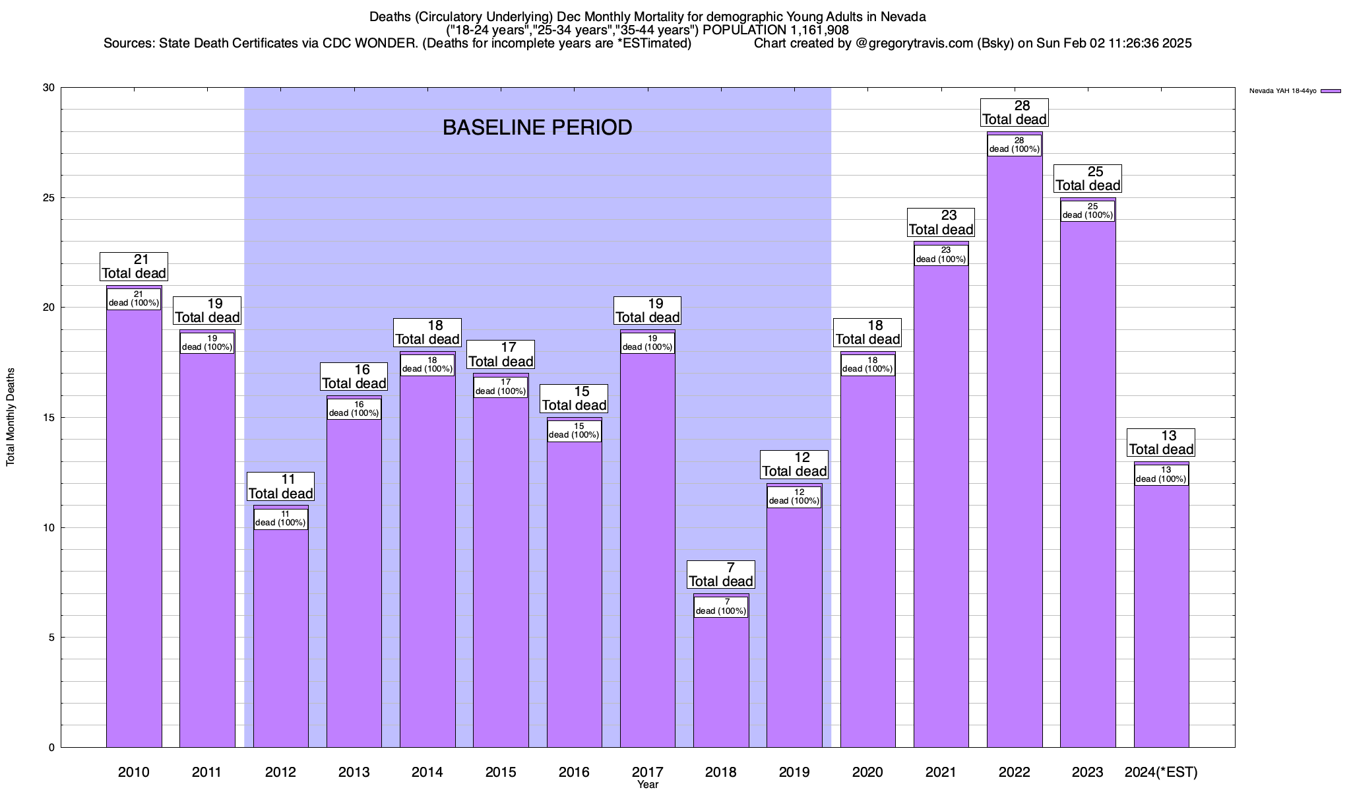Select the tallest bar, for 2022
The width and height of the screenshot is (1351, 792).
pyautogui.click(x=1015, y=462)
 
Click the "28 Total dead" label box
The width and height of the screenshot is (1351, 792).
pyautogui.click(x=1015, y=113)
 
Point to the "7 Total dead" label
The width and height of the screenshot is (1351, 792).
pyautogui.click(x=720, y=575)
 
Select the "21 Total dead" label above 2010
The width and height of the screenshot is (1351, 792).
pyautogui.click(x=133, y=267)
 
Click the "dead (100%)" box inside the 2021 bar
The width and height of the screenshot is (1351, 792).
pyautogui.click(x=941, y=255)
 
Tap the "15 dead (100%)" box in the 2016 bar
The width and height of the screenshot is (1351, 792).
pyautogui.click(x=574, y=431)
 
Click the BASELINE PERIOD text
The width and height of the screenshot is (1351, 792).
pyautogui.click(x=537, y=127)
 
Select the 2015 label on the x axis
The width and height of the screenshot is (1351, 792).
pyautogui.click(x=501, y=772)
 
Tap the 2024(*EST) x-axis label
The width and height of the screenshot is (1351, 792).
pyautogui.click(x=1161, y=772)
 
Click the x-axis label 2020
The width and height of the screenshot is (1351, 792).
pyautogui.click(x=867, y=772)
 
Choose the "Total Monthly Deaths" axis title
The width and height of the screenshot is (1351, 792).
pyautogui.click(x=11, y=417)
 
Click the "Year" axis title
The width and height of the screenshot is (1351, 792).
pyautogui.click(x=648, y=785)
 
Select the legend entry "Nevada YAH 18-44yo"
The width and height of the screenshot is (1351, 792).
pyautogui.click(x=1282, y=91)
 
